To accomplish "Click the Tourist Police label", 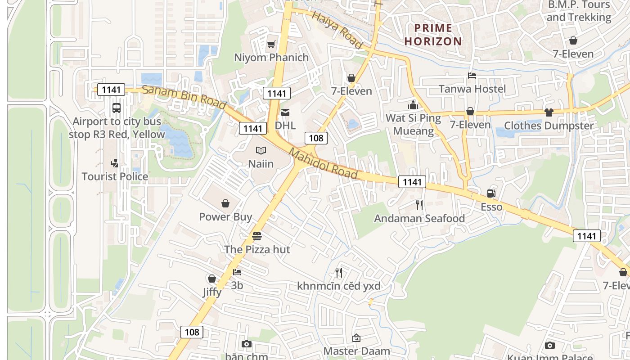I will point(115,176).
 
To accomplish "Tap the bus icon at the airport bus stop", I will point(116,108).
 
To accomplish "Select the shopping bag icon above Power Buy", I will point(225,204).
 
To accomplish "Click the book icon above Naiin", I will point(261,151).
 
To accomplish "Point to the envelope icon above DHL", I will point(285,112).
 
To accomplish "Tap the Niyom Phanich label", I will point(271,58).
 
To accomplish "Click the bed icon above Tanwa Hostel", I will point(472,76).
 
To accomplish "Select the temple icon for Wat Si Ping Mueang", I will point(413,105).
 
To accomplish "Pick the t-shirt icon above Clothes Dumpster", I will point(549,112).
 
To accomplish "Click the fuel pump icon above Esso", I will point(491,193).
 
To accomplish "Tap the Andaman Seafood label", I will point(419,218).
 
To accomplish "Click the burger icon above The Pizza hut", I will point(257,236).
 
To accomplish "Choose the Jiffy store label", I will point(212,292).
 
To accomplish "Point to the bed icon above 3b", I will point(237,272).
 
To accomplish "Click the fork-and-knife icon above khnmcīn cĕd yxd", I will point(339,273).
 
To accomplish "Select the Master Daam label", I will point(357,351).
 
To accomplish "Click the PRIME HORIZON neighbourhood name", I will point(433,35).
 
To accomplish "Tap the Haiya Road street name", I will point(337,30).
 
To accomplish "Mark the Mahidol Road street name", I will point(323,164).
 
